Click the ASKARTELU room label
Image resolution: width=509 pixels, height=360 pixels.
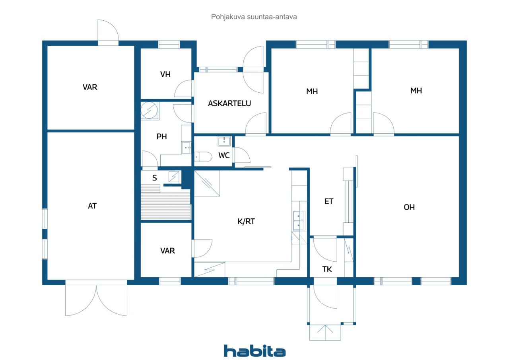tap(229, 103)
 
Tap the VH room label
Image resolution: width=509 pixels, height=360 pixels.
tap(165, 74)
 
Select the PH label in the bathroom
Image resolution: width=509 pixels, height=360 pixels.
tap(161, 136)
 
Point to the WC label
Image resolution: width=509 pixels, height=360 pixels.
tap(224, 156)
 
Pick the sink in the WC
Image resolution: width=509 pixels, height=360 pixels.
tap(224, 141)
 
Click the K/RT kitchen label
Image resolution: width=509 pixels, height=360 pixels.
tap(246, 221)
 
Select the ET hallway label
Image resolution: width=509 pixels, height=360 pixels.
tap(329, 201)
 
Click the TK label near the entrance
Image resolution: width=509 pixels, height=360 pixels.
tap(327, 269)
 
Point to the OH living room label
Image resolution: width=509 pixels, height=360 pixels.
tap(409, 207)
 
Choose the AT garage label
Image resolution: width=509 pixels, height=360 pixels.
tap(92, 206)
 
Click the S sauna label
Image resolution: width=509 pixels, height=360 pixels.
tap(155, 178)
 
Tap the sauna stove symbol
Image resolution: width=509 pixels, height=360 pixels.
tap(174, 177)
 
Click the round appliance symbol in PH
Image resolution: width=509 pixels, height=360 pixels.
tap(149, 110)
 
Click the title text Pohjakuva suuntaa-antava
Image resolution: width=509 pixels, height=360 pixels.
tap(254, 17)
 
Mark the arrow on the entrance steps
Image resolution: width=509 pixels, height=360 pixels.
tap(325, 332)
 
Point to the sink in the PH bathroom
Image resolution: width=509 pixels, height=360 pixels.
tap(186, 148)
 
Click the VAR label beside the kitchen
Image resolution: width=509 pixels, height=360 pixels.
tap(167, 251)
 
